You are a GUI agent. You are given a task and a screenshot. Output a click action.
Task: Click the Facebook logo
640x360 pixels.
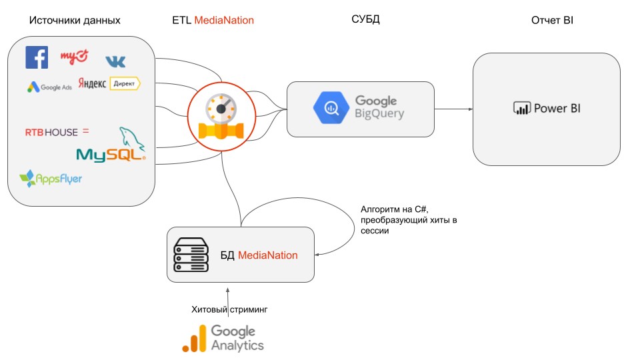pyautogui.click(x=37, y=57)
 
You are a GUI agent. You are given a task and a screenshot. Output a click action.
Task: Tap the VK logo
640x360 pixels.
pyautogui.click(x=115, y=61)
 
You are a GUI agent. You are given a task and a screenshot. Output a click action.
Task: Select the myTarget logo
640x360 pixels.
pyautogui.click(x=74, y=57)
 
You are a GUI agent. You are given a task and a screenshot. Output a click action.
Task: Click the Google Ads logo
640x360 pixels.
pyautogui.click(x=49, y=87)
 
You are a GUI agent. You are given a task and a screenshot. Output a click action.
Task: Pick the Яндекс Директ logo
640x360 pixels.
pyautogui.click(x=109, y=83)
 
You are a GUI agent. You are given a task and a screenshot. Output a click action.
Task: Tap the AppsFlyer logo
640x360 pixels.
pyautogui.click(x=51, y=179)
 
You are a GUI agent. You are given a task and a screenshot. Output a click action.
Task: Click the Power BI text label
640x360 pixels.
pyautogui.click(x=557, y=108)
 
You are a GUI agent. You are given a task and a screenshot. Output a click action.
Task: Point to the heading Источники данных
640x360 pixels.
pyautogui.click(x=75, y=21)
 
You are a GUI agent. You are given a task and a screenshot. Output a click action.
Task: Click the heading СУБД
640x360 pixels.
pyautogui.click(x=365, y=20)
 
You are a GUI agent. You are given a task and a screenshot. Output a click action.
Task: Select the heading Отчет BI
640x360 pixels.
pyautogui.click(x=552, y=21)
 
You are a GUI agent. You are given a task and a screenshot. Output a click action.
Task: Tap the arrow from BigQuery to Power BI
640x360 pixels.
pyautogui.click(x=453, y=108)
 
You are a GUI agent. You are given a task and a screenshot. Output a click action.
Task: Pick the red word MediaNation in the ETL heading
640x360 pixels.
pyautogui.click(x=224, y=21)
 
